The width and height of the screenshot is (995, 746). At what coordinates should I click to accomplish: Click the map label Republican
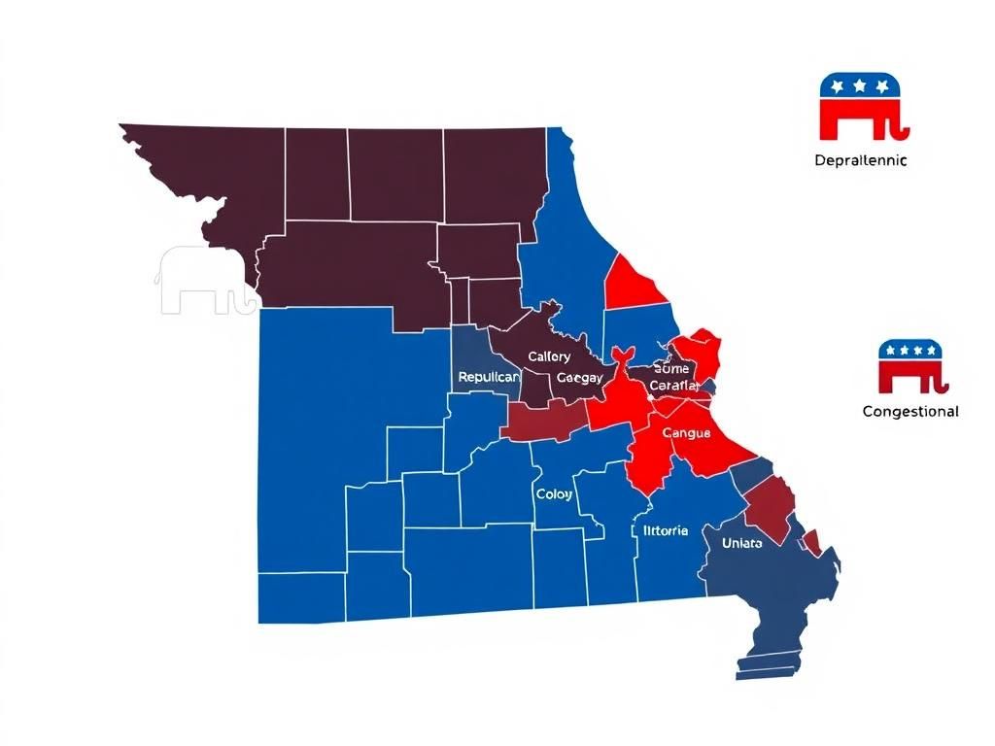pos(489,376)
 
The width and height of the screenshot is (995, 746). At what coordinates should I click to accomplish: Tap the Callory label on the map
pos(549,356)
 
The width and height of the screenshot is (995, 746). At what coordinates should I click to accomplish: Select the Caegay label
pos(579,377)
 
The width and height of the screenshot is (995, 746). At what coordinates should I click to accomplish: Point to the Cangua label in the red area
pos(686,432)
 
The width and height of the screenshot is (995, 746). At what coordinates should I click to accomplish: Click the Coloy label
pos(554,494)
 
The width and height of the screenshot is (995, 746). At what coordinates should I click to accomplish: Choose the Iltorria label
pos(666,530)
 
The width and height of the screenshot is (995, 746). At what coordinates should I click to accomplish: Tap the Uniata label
pos(742,543)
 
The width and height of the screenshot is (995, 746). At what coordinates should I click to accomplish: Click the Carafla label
pos(673,386)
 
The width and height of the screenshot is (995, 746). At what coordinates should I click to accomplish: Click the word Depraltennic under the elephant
pos(861,160)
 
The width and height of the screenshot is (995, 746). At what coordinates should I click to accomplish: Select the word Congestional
pos(910,411)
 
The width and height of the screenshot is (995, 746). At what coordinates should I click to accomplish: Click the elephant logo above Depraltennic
pos(863,106)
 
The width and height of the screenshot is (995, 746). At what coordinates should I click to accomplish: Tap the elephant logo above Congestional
pos(910,365)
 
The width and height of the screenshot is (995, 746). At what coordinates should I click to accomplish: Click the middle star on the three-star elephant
pos(858,86)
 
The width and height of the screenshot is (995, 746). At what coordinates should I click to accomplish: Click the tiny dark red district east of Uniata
pos(811,543)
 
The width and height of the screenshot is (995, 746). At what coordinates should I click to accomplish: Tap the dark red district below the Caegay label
pos(543,421)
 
